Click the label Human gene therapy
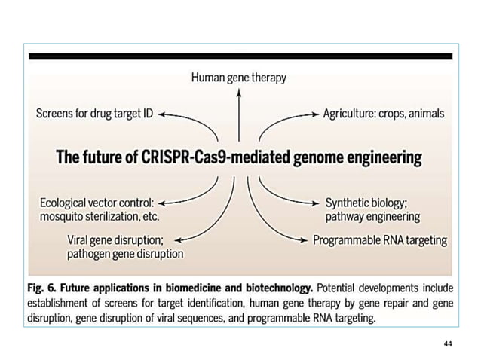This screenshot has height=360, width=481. click(x=238, y=78)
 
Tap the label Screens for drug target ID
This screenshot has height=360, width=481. click(x=95, y=114)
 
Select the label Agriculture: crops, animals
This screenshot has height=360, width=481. click(x=384, y=114)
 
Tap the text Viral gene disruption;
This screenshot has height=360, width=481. click(x=113, y=241)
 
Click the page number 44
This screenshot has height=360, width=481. click(x=448, y=343)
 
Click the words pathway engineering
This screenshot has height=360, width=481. click(x=372, y=217)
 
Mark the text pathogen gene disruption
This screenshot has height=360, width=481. click(x=124, y=255)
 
